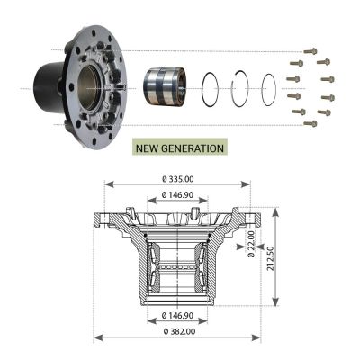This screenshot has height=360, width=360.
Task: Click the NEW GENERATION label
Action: pyautogui.click(x=180, y=148)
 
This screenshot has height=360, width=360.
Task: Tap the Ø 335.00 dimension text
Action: pyautogui.click(x=178, y=179)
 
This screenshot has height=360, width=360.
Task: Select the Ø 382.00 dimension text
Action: pyautogui.click(x=180, y=331)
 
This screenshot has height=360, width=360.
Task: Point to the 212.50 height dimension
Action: pyautogui.click(x=270, y=258)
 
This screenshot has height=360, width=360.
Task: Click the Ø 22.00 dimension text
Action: pyautogui.click(x=251, y=244)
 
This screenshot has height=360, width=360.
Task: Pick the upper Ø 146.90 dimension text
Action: pyautogui.click(x=177, y=195)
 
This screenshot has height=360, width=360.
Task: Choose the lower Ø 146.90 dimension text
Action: pyautogui.click(x=177, y=315)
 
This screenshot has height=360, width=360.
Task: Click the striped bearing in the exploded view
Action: pyautogui.click(x=164, y=87)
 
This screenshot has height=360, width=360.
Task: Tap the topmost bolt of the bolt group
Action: pyautogui.click(x=310, y=51)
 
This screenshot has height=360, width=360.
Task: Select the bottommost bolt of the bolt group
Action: pyautogui.click(x=310, y=123)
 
